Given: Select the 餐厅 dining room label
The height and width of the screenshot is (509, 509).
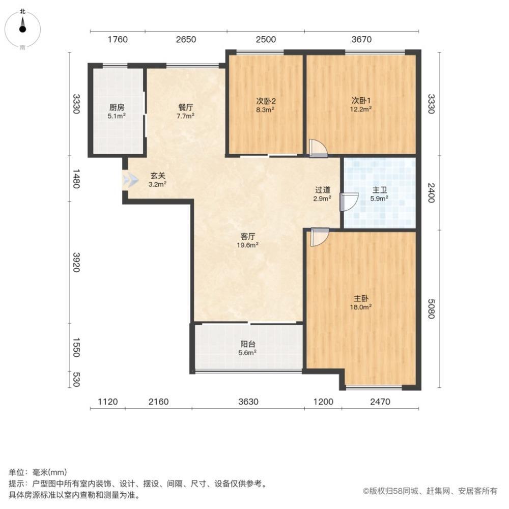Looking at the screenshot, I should click(x=185, y=108).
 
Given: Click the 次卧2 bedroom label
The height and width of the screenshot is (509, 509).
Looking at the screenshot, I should click(x=265, y=101).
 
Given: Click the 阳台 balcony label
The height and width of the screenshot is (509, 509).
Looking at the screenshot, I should click(x=248, y=343).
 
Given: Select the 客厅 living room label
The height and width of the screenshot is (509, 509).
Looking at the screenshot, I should click(x=248, y=236).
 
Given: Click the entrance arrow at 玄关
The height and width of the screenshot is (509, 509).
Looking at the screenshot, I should click(x=129, y=180).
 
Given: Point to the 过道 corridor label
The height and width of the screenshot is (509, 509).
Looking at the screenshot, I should click(x=323, y=190).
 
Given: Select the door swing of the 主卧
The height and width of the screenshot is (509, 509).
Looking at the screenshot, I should click(x=319, y=237).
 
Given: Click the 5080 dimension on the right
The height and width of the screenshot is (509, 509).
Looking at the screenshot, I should click(x=430, y=308).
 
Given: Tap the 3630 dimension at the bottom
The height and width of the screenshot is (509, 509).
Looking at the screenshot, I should click(x=248, y=402).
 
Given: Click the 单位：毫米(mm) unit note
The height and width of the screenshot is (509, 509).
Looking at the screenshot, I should click(x=38, y=472).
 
